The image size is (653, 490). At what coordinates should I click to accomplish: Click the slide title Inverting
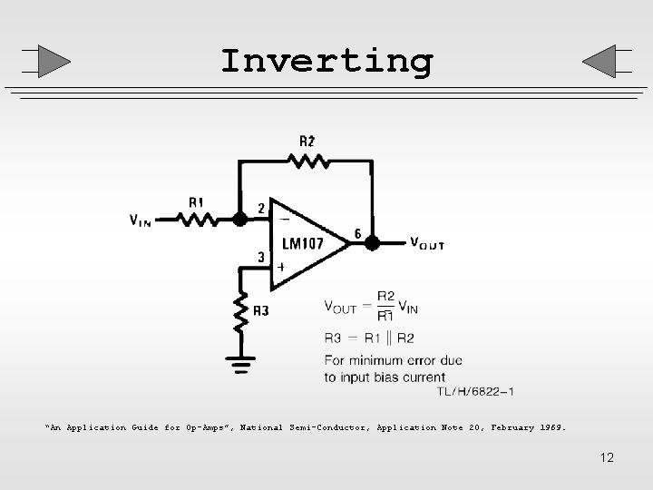[326, 62]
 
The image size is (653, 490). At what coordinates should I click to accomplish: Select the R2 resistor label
[307, 141]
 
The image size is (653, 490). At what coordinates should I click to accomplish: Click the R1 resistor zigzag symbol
[198, 219]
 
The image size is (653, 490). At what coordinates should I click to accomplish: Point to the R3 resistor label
[260, 311]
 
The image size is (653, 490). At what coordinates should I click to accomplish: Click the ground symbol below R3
[239, 366]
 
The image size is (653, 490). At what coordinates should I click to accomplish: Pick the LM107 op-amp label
[304, 243]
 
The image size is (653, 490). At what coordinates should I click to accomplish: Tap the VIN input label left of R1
[141, 220]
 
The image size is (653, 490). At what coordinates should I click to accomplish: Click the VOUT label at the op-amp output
[426, 243]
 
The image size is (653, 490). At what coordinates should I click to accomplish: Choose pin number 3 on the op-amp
[260, 257]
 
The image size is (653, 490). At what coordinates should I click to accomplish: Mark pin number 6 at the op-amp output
[358, 234]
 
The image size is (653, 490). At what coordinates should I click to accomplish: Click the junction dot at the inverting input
[239, 219]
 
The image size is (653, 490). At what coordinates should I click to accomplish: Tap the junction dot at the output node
[372, 243]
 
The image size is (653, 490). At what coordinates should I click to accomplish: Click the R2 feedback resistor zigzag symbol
[307, 161]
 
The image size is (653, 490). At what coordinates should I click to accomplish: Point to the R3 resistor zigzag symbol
[239, 311]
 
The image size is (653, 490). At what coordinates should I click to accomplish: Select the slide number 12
[607, 457]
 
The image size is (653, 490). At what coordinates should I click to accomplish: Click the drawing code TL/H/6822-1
[475, 391]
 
